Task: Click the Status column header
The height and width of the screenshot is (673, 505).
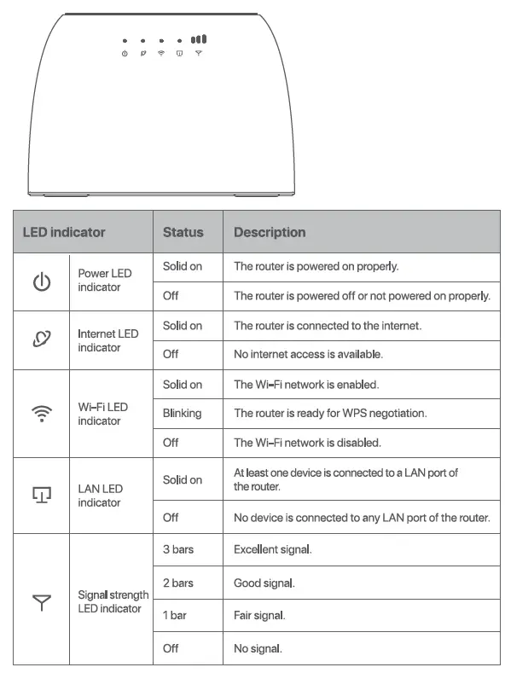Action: (x=183, y=232)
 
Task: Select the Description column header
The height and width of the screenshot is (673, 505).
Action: (x=270, y=232)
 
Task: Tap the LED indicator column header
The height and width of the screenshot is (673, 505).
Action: (x=64, y=232)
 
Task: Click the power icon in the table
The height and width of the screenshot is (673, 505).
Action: (x=41, y=281)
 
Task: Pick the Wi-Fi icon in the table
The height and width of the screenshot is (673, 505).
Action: (x=41, y=414)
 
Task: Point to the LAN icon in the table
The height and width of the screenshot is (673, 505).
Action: (x=41, y=496)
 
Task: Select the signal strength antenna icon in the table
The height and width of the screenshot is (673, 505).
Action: (x=41, y=604)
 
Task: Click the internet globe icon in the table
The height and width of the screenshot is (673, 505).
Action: (x=41, y=340)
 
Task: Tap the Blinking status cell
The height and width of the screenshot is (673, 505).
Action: (x=182, y=414)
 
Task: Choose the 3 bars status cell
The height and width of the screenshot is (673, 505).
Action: (x=178, y=549)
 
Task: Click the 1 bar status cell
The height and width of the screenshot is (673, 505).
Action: (x=176, y=615)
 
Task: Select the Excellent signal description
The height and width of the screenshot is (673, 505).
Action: (x=273, y=549)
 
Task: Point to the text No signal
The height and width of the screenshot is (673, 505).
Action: (x=258, y=649)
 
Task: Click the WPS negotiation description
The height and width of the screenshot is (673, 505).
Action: (x=330, y=414)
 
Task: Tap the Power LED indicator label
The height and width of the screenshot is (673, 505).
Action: (x=105, y=281)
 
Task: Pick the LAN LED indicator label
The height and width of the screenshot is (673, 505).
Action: (x=101, y=496)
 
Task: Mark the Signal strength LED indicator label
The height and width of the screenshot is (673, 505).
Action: (x=113, y=601)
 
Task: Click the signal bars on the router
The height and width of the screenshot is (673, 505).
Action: (x=198, y=39)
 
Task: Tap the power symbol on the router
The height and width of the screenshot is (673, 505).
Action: (x=125, y=54)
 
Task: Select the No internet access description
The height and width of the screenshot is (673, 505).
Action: (x=308, y=354)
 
